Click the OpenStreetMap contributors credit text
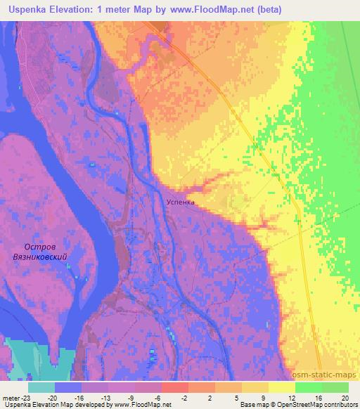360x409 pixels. coord(316,405)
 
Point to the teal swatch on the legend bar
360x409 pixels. coord(41,387)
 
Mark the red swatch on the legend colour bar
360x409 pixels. coord(174,387)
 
